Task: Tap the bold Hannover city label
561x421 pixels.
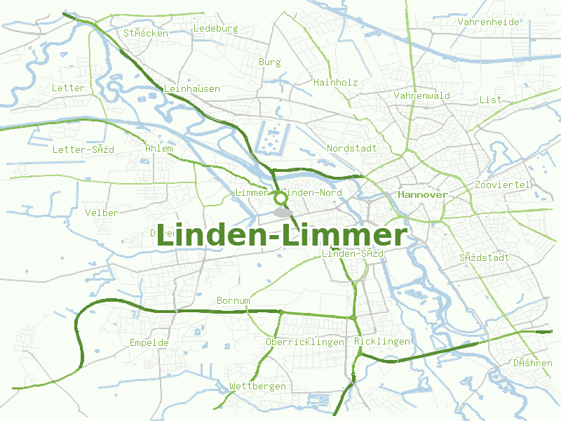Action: point(422,194)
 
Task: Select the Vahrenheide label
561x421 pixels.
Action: point(489,22)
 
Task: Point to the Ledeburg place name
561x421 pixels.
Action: point(215,29)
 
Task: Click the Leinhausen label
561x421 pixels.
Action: point(191,89)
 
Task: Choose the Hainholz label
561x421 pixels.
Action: point(336,82)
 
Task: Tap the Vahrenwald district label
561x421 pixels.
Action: point(421,95)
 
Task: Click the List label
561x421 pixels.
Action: point(491,100)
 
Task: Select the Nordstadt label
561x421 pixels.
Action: point(352,149)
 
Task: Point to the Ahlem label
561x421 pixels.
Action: point(158,149)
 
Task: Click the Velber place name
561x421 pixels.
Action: point(102,213)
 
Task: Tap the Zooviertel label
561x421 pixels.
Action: point(503,185)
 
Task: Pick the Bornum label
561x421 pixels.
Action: point(233,301)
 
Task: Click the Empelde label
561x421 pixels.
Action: point(149,343)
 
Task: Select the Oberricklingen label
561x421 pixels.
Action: point(305,342)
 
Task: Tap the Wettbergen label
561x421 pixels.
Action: point(257,387)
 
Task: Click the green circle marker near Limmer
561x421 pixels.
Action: point(280,198)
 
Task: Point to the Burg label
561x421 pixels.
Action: point(269,62)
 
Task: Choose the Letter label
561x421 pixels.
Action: point(68,88)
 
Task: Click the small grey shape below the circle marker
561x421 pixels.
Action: point(282,211)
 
